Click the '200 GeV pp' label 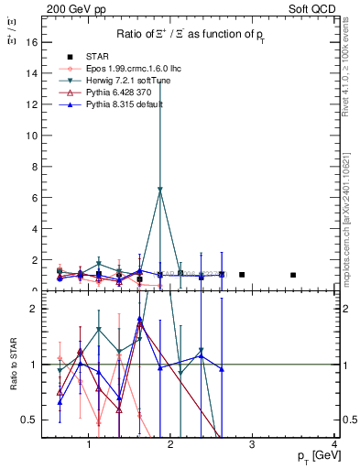click(71, 7)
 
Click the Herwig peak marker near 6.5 click(160, 190)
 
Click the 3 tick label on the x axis click(252, 445)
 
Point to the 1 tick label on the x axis click(89, 445)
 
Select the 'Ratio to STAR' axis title click(12, 365)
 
